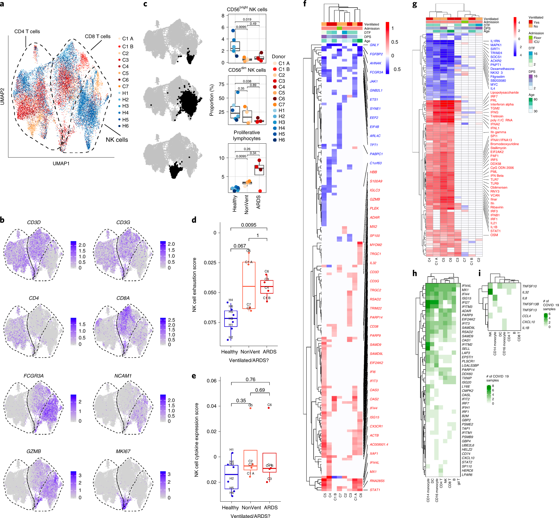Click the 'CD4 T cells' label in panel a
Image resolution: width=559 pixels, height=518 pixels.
(x=27, y=31)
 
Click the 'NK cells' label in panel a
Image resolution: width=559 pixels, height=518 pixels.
(x=117, y=140)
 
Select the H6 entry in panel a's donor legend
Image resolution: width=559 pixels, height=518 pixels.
(x=125, y=126)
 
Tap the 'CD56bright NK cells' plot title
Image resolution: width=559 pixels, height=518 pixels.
(x=247, y=9)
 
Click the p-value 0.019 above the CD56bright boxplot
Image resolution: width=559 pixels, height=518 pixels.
(x=247, y=19)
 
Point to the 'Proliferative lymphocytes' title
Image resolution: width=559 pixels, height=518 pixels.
(x=247, y=135)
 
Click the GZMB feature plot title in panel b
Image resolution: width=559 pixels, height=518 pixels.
(x=34, y=451)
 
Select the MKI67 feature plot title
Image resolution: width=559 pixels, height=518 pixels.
(x=123, y=451)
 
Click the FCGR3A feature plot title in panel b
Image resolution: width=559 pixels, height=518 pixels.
(x=34, y=376)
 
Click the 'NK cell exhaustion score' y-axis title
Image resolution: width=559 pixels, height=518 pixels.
(x=194, y=285)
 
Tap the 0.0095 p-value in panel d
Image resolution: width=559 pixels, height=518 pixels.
(x=249, y=225)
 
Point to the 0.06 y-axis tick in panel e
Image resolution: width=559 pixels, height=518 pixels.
(x=212, y=381)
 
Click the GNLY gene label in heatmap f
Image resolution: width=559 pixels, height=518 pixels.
(x=374, y=45)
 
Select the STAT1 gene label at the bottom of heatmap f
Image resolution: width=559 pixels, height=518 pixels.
(x=375, y=490)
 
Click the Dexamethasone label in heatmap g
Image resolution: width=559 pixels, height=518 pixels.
(x=502, y=69)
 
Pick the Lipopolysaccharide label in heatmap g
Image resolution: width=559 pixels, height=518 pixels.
(x=504, y=92)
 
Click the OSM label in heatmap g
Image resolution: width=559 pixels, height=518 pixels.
(x=494, y=235)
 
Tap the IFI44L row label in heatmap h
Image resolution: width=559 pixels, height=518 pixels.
(x=467, y=286)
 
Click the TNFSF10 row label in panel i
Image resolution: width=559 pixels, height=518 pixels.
(x=529, y=286)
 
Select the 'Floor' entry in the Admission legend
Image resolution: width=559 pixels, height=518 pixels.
(x=537, y=38)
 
